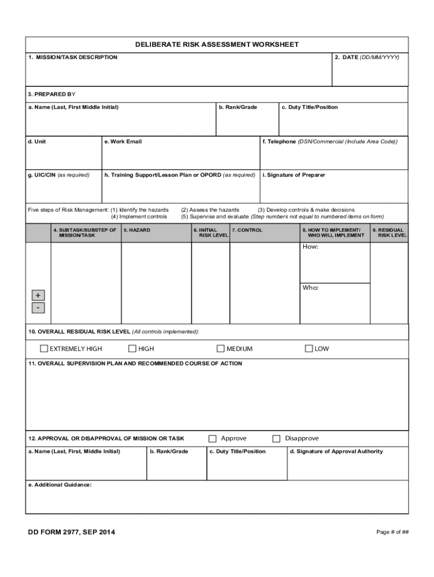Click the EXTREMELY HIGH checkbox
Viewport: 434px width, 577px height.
44,349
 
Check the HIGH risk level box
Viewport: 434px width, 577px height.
132,349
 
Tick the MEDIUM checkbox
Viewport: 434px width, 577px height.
221,349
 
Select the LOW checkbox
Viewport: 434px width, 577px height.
309,349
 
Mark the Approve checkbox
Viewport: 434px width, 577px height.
212,438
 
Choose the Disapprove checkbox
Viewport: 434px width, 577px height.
277,438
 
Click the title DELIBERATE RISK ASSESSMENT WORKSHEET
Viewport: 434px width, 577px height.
217,45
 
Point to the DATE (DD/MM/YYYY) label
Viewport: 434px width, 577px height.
367,57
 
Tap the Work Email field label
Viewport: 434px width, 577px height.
123,141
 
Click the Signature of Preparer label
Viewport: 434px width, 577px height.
294,175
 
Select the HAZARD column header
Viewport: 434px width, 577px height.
137,230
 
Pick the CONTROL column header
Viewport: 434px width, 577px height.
247,230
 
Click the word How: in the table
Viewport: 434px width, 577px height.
311,247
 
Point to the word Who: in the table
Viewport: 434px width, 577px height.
311,288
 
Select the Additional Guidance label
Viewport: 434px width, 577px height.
60,485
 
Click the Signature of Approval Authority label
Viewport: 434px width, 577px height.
336,451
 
